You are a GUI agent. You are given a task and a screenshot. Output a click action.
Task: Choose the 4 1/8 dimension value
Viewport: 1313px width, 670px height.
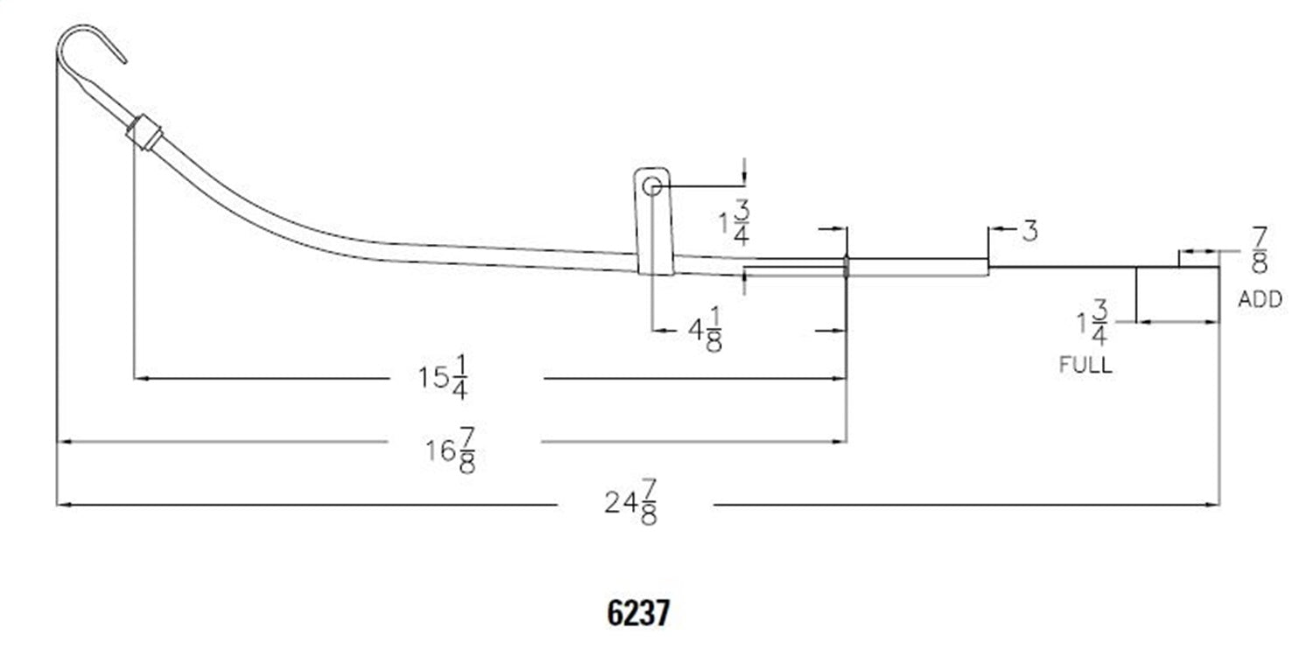pyautogui.click(x=705, y=331)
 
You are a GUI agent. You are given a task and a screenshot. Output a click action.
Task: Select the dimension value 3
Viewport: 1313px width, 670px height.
pyautogui.click(x=1029, y=232)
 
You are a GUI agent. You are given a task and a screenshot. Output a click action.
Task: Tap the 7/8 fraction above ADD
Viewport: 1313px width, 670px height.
pyautogui.click(x=1259, y=250)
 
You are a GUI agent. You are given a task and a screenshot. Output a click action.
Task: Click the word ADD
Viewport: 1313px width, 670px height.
pyautogui.click(x=1260, y=300)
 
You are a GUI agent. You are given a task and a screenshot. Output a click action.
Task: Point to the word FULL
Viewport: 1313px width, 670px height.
pyautogui.click(x=1085, y=365)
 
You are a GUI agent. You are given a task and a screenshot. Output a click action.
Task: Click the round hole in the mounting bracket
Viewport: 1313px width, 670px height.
pyautogui.click(x=652, y=185)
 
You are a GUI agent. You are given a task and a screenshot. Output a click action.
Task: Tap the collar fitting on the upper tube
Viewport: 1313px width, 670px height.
pyautogui.click(x=144, y=133)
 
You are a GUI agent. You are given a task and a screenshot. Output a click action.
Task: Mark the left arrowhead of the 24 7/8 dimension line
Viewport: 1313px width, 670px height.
pyautogui.click(x=63, y=505)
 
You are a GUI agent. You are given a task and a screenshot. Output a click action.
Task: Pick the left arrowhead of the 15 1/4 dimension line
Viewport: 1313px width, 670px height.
pyautogui.click(x=140, y=379)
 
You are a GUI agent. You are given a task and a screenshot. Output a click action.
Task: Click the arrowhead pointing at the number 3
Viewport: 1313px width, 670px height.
pyautogui.click(x=994, y=232)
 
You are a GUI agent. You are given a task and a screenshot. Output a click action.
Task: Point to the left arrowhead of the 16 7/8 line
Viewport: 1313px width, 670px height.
pyautogui.click(x=63, y=442)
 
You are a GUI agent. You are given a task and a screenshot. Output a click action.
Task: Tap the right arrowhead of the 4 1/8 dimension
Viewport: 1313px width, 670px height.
pyautogui.click(x=841, y=331)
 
